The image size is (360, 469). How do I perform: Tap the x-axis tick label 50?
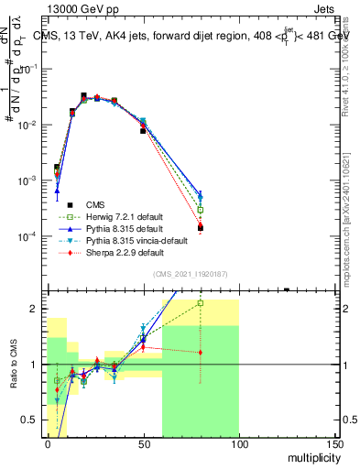[x=142, y=442]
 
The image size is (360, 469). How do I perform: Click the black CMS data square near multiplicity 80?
[x=200, y=227]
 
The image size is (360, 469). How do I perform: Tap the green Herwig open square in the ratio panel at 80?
[x=200, y=302]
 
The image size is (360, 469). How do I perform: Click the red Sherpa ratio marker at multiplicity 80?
[x=200, y=352]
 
